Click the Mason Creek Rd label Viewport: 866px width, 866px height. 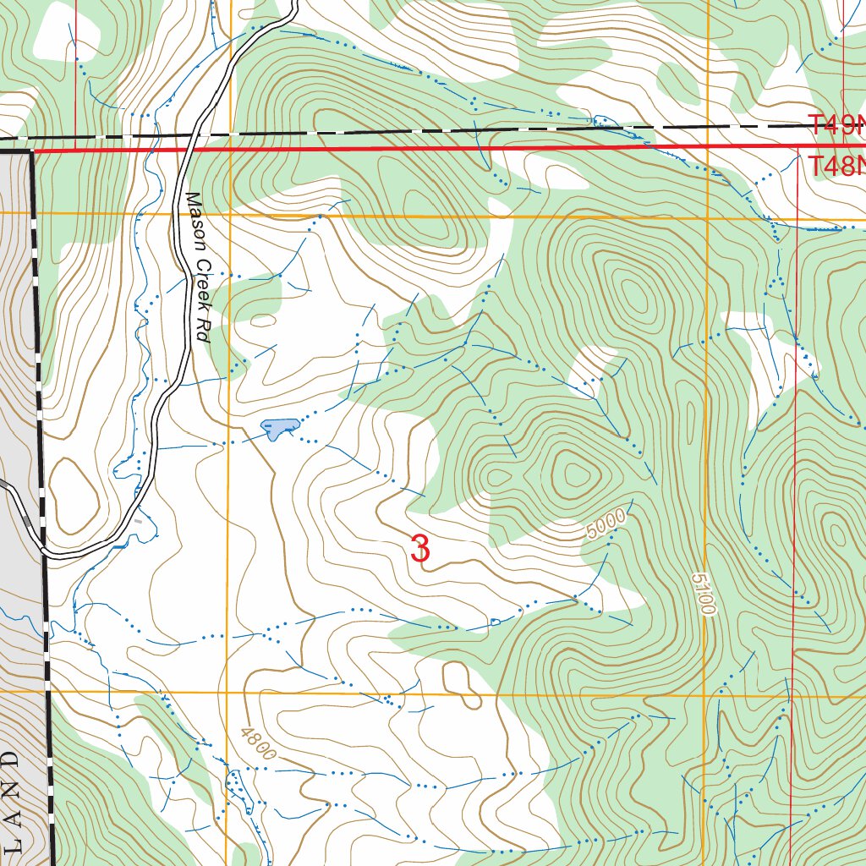[196, 266]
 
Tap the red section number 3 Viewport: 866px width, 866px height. [419, 549]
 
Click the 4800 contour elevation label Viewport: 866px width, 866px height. [258, 743]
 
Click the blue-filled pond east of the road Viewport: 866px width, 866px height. [278, 429]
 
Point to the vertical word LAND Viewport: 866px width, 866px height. [11, 799]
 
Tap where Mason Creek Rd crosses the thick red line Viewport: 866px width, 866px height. [189, 151]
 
